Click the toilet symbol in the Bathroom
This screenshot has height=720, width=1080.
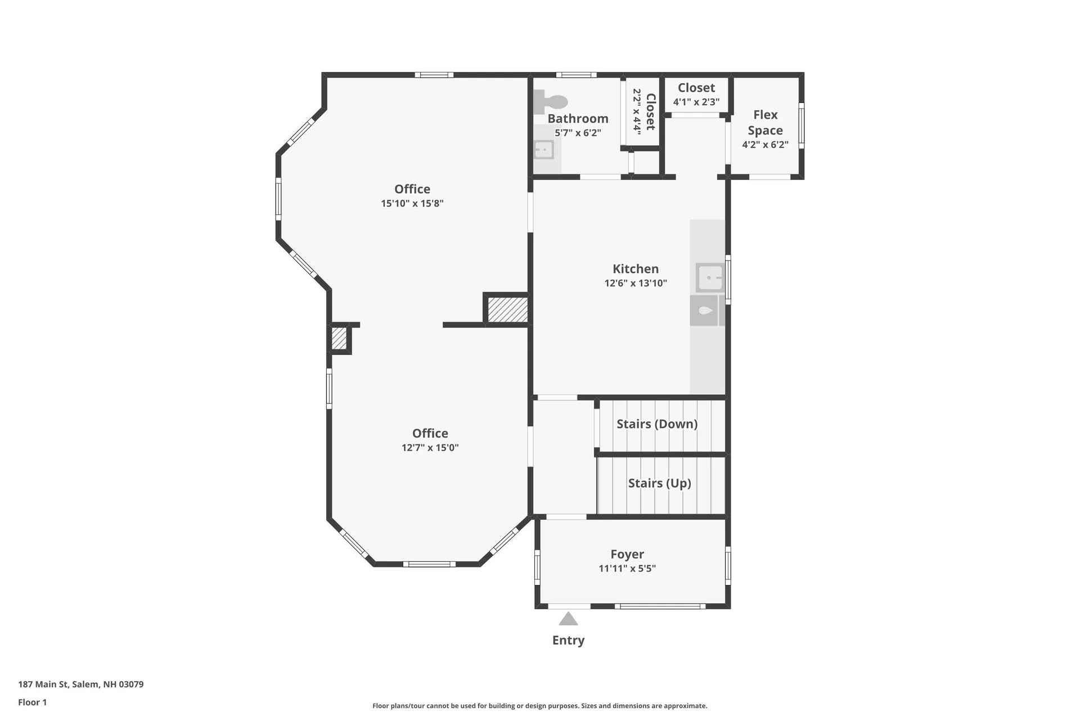pyautogui.click(x=550, y=102)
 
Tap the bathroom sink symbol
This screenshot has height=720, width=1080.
pyautogui.click(x=544, y=150)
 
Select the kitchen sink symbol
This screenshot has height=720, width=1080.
pyautogui.click(x=710, y=278)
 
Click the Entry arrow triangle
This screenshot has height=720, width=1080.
pyautogui.click(x=568, y=619)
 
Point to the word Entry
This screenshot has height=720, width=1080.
pyautogui.click(x=568, y=640)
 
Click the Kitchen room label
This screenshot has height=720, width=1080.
pyautogui.click(x=636, y=269)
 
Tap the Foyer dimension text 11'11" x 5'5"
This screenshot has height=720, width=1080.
pyautogui.click(x=627, y=568)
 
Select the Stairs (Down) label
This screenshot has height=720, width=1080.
pyautogui.click(x=657, y=424)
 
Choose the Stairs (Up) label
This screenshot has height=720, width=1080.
pyautogui.click(x=660, y=483)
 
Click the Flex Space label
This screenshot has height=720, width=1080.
pyautogui.click(x=766, y=123)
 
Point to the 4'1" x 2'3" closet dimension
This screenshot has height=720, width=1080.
pyautogui.click(x=696, y=102)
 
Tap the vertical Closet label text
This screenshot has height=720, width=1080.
pyautogui.click(x=651, y=111)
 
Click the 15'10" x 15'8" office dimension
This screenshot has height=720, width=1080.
pyautogui.click(x=412, y=203)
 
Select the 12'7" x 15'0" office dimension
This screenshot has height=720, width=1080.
pyautogui.click(x=430, y=448)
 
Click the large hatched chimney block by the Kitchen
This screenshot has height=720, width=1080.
pyautogui.click(x=507, y=310)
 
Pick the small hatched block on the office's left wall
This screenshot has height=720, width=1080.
pyautogui.click(x=339, y=339)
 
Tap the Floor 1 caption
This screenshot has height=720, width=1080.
pyautogui.click(x=33, y=702)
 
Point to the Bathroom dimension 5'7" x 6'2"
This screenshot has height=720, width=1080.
pyautogui.click(x=578, y=133)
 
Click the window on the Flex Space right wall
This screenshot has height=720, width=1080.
pyautogui.click(x=802, y=125)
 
